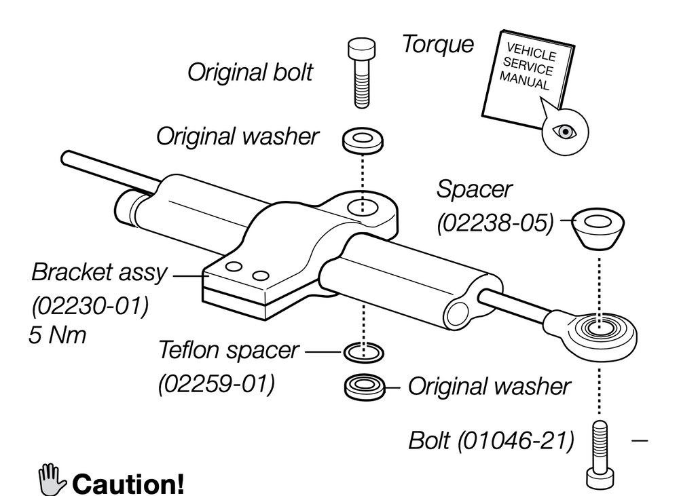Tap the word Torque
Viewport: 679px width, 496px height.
click(437, 45)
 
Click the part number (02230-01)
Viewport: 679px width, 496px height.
click(90, 305)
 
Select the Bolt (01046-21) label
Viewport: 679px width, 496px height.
click(491, 440)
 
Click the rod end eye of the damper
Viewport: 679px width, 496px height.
click(598, 330)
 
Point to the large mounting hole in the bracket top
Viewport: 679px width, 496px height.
click(361, 206)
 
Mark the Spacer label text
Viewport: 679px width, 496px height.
click(475, 189)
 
